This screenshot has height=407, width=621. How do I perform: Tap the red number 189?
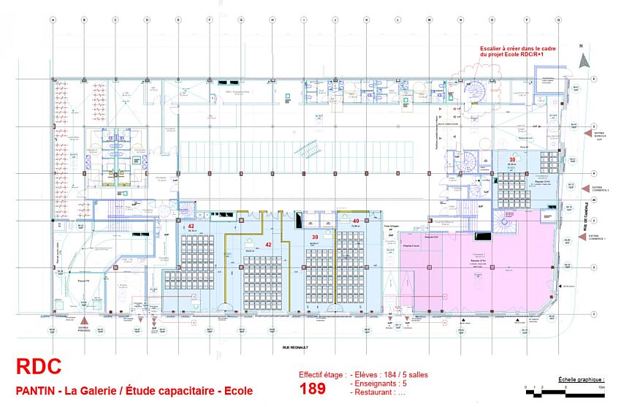click(x=313, y=388)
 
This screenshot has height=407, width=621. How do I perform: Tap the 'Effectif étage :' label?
click(x=322, y=375)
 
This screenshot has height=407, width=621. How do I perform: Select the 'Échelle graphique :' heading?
click(x=581, y=380)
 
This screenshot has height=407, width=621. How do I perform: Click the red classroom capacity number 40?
click(x=356, y=221)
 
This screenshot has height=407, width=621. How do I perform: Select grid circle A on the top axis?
click(x=53, y=20)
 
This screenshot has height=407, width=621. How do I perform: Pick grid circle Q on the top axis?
click(x=558, y=20)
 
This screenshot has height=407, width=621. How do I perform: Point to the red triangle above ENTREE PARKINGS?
click(x=87, y=321)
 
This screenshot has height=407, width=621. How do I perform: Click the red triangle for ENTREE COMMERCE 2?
click(x=586, y=189)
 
